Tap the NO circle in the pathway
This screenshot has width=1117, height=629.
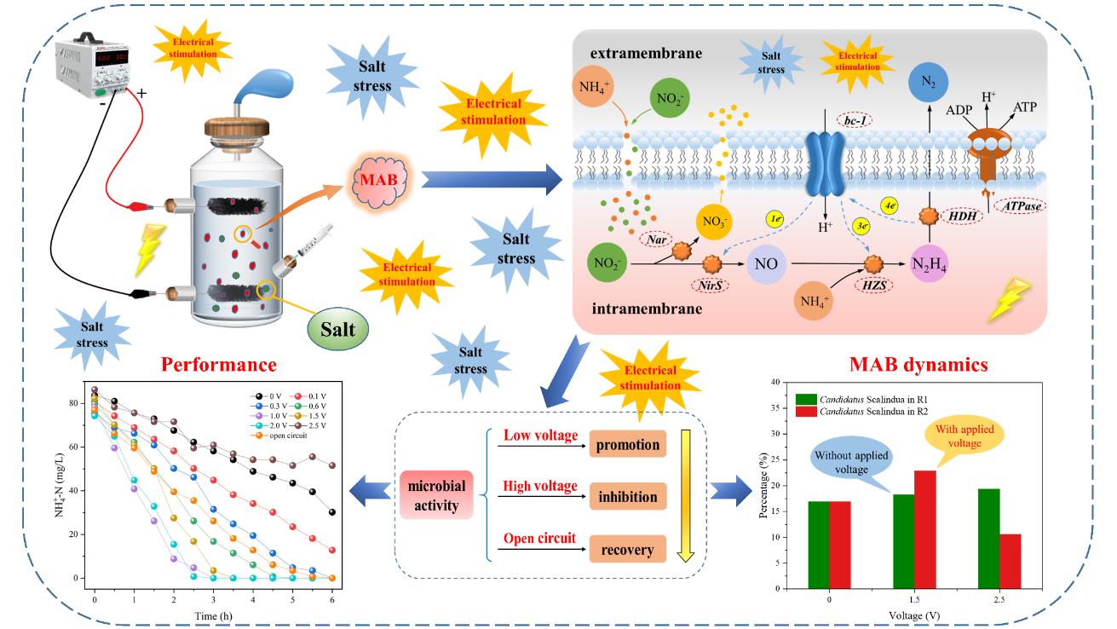(767, 265)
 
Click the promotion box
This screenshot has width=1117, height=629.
(627, 444)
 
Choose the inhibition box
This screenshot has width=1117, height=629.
(627, 496)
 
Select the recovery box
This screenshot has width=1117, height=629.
(627, 550)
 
